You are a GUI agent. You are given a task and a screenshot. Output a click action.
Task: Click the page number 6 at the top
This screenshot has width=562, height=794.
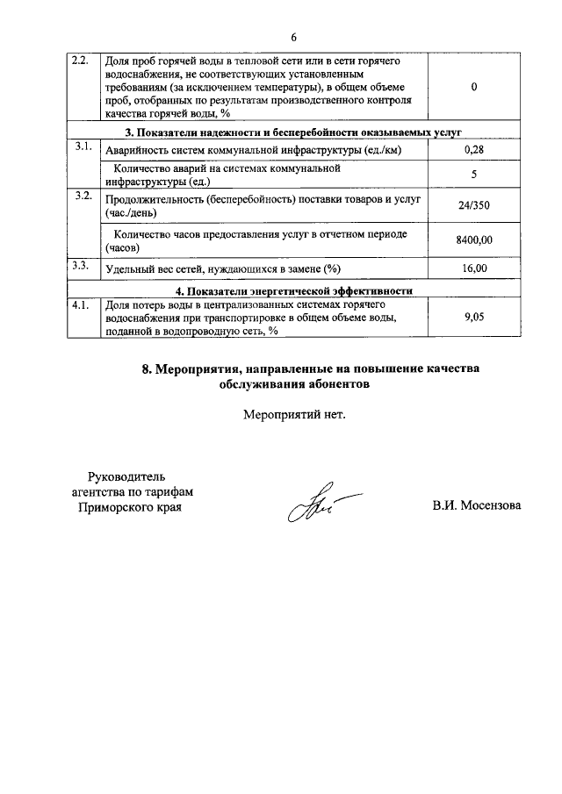tap(294, 37)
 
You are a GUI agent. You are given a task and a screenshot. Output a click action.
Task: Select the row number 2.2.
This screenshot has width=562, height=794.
tap(80, 61)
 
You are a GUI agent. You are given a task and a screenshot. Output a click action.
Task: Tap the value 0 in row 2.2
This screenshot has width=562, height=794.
tap(474, 88)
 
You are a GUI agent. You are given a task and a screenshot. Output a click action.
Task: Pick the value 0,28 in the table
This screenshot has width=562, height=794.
tap(474, 151)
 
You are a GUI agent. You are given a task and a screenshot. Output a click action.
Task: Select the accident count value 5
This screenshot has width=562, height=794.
tap(474, 175)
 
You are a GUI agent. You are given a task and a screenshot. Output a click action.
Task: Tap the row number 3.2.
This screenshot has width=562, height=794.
tap(82, 196)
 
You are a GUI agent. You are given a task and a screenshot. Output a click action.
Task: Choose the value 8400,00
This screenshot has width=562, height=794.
tap(474, 240)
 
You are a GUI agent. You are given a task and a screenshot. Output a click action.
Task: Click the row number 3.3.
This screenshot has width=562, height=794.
tap(81, 264)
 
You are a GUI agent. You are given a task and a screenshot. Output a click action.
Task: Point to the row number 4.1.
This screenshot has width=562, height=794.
tap(81, 304)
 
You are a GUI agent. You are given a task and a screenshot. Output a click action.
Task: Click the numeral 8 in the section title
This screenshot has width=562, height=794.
tap(146, 369)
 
